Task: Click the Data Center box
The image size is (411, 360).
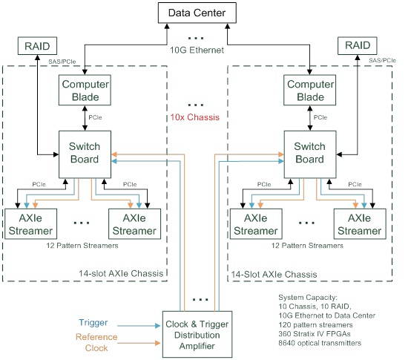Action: click(197, 13)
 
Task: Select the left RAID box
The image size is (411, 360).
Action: click(37, 46)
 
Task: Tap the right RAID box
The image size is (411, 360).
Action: click(358, 45)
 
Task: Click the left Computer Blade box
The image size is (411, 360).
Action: click(85, 91)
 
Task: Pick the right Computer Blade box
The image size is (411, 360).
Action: click(310, 91)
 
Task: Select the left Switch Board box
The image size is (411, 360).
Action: click(85, 154)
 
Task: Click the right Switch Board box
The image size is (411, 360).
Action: click(310, 154)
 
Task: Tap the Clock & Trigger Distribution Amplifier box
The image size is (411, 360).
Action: click(197, 335)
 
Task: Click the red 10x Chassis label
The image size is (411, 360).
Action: click(195, 117)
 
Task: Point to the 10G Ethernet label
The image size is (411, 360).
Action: click(197, 50)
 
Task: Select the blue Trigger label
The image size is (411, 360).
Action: click(93, 323)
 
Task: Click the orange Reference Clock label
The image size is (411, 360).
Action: click(96, 342)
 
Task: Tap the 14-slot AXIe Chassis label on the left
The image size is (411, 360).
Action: click(121, 273)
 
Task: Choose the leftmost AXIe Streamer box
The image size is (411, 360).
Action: click(30, 224)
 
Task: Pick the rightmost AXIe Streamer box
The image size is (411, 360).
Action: click(360, 224)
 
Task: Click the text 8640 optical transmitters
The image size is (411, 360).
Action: click(320, 343)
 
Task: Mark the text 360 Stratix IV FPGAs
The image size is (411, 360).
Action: click(315, 334)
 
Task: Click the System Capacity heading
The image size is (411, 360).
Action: click(308, 298)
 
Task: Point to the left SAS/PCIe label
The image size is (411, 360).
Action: click(62, 62)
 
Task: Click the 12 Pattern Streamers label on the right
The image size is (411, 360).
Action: click(307, 246)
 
